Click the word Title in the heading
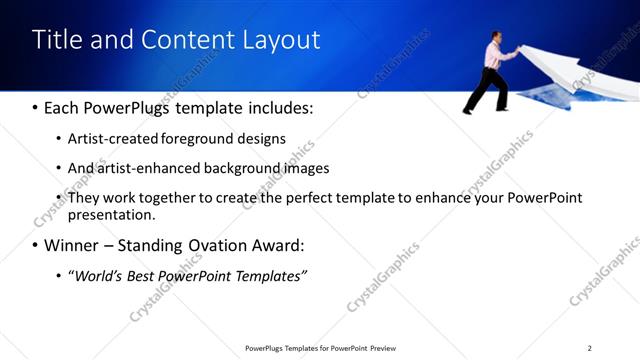point(56,40)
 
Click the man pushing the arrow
point(491,70)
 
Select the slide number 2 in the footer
point(589,348)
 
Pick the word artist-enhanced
point(148,168)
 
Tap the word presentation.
point(110,215)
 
